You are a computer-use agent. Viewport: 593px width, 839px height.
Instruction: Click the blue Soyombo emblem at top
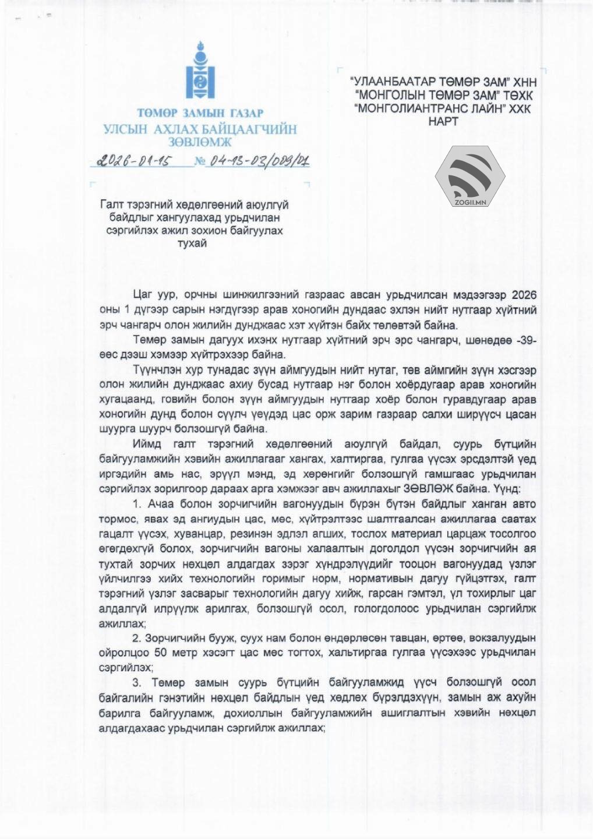tap(200, 71)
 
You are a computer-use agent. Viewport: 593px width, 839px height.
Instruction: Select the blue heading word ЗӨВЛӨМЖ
tap(200, 142)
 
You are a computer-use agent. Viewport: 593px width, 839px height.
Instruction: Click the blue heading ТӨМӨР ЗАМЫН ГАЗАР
tap(200, 113)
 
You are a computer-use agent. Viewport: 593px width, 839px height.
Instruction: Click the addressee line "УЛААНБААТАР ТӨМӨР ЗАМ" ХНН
tap(443, 82)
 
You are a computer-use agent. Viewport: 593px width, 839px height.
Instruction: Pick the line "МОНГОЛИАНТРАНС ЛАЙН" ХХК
tap(443, 108)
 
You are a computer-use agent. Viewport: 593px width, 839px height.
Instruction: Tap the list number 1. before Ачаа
tap(137, 504)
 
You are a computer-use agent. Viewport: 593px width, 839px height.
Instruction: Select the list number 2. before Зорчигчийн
tap(136, 638)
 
